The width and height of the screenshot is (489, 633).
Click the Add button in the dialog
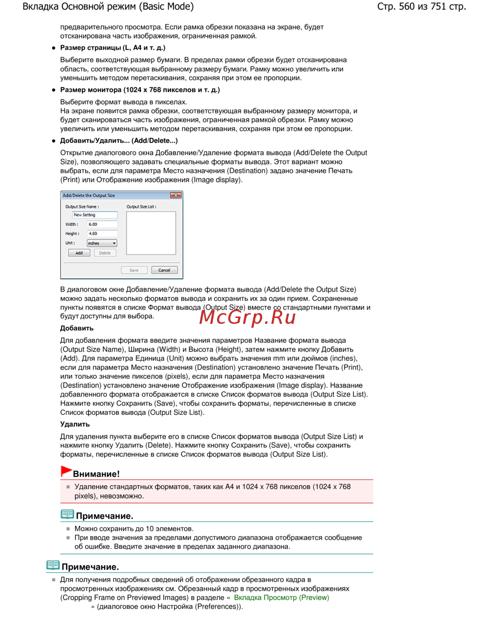(79, 253)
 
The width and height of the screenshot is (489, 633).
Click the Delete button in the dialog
(105, 253)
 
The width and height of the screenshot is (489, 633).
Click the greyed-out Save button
(134, 270)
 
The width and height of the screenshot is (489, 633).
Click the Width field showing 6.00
(102, 225)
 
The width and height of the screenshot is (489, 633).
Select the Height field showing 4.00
(102, 234)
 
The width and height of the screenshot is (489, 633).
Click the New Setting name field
(95, 215)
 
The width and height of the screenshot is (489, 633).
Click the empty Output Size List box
(151, 233)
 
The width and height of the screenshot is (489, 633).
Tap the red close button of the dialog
(176, 195)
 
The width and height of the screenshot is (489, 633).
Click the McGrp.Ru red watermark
(247, 317)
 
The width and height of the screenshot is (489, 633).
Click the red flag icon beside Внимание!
(66, 471)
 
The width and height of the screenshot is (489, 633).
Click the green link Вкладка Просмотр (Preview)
(281, 597)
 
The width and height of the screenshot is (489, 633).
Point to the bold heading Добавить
(77, 328)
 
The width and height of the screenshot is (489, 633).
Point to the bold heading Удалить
(75, 424)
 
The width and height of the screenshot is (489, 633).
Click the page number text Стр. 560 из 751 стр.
(421, 6)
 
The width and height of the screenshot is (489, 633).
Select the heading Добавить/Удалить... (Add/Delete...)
(119, 140)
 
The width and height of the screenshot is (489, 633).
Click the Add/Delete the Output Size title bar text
(89, 195)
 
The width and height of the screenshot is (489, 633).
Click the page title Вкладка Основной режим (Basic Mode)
(108, 6)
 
